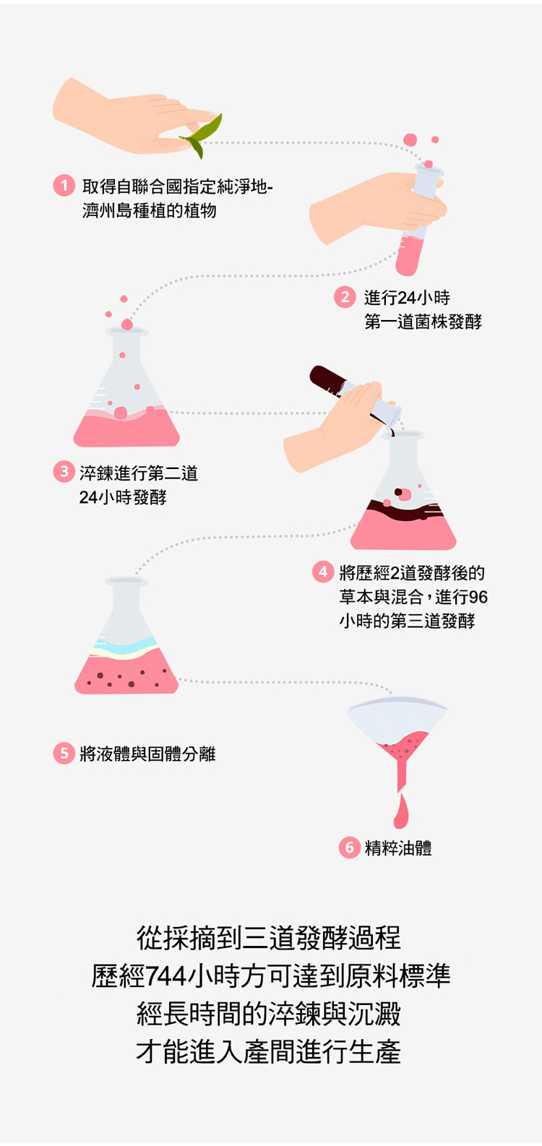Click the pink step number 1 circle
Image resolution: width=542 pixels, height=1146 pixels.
64,185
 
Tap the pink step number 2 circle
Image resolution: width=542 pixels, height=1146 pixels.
345,297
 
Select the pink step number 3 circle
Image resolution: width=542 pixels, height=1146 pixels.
64,471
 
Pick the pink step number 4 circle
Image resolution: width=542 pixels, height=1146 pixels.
323,572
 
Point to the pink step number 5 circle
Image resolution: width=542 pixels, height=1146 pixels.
64,753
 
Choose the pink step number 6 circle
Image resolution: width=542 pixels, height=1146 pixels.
350,848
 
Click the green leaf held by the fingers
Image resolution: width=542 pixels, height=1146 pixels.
202,136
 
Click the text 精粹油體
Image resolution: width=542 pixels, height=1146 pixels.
398,848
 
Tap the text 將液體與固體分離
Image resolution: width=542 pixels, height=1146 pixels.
147,754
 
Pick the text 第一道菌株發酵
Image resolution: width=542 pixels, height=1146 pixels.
423,322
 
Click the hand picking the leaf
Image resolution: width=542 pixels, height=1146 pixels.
128,116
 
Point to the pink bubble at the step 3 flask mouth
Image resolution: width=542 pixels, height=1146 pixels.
127,324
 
